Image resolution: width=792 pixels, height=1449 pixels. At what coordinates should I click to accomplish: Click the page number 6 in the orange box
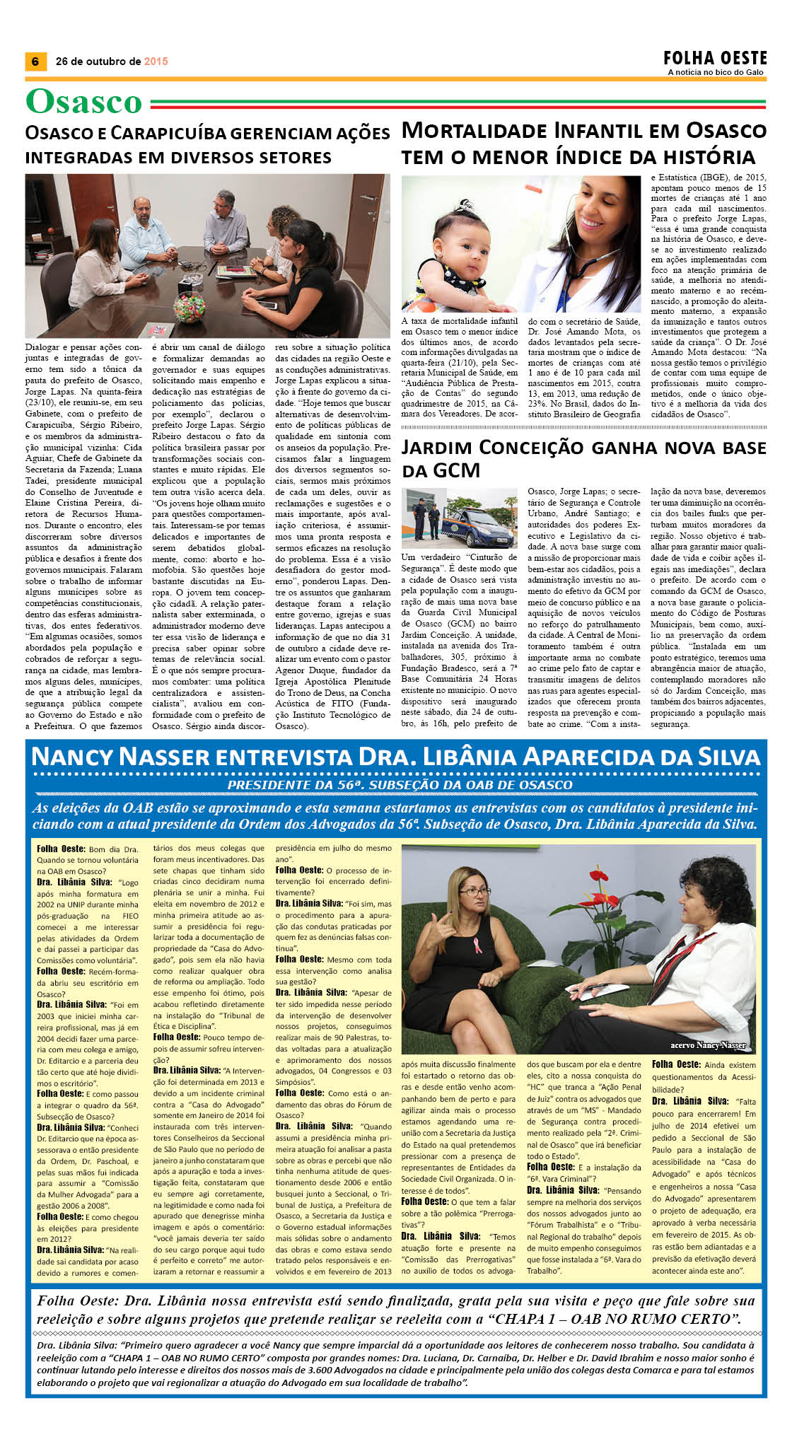pyautogui.click(x=35, y=62)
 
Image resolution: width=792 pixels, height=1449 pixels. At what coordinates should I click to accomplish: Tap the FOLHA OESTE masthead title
pyautogui.click(x=715, y=58)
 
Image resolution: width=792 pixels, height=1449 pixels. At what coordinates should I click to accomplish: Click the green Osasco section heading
pyautogui.click(x=84, y=103)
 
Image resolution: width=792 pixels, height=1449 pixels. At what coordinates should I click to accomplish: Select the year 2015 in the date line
pyautogui.click(x=156, y=62)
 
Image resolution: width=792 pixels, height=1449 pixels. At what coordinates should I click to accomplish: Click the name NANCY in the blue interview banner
pyautogui.click(x=72, y=757)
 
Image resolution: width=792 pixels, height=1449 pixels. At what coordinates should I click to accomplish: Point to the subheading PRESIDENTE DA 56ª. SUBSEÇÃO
pyautogui.click(x=400, y=785)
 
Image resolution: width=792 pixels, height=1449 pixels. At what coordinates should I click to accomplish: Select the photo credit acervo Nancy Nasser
pyautogui.click(x=707, y=1045)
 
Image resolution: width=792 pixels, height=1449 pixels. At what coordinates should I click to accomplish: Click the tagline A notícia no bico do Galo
pyautogui.click(x=717, y=73)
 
